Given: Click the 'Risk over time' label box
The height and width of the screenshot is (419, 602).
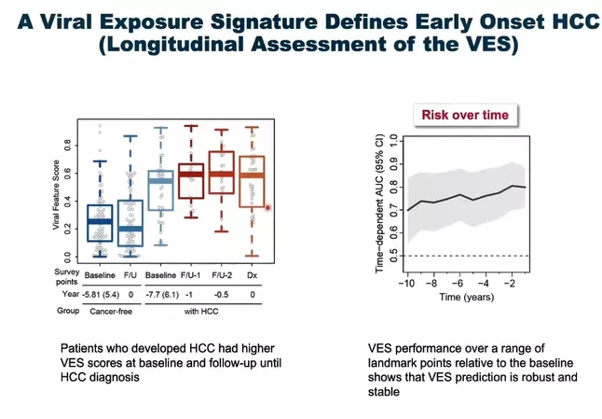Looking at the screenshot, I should coord(465,115).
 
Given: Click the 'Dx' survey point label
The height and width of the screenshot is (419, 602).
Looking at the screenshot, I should coord(252,276).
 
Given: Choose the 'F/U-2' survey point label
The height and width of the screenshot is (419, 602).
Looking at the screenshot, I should coord(222,276).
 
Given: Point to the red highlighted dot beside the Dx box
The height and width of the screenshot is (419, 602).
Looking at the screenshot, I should coord(268,208).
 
